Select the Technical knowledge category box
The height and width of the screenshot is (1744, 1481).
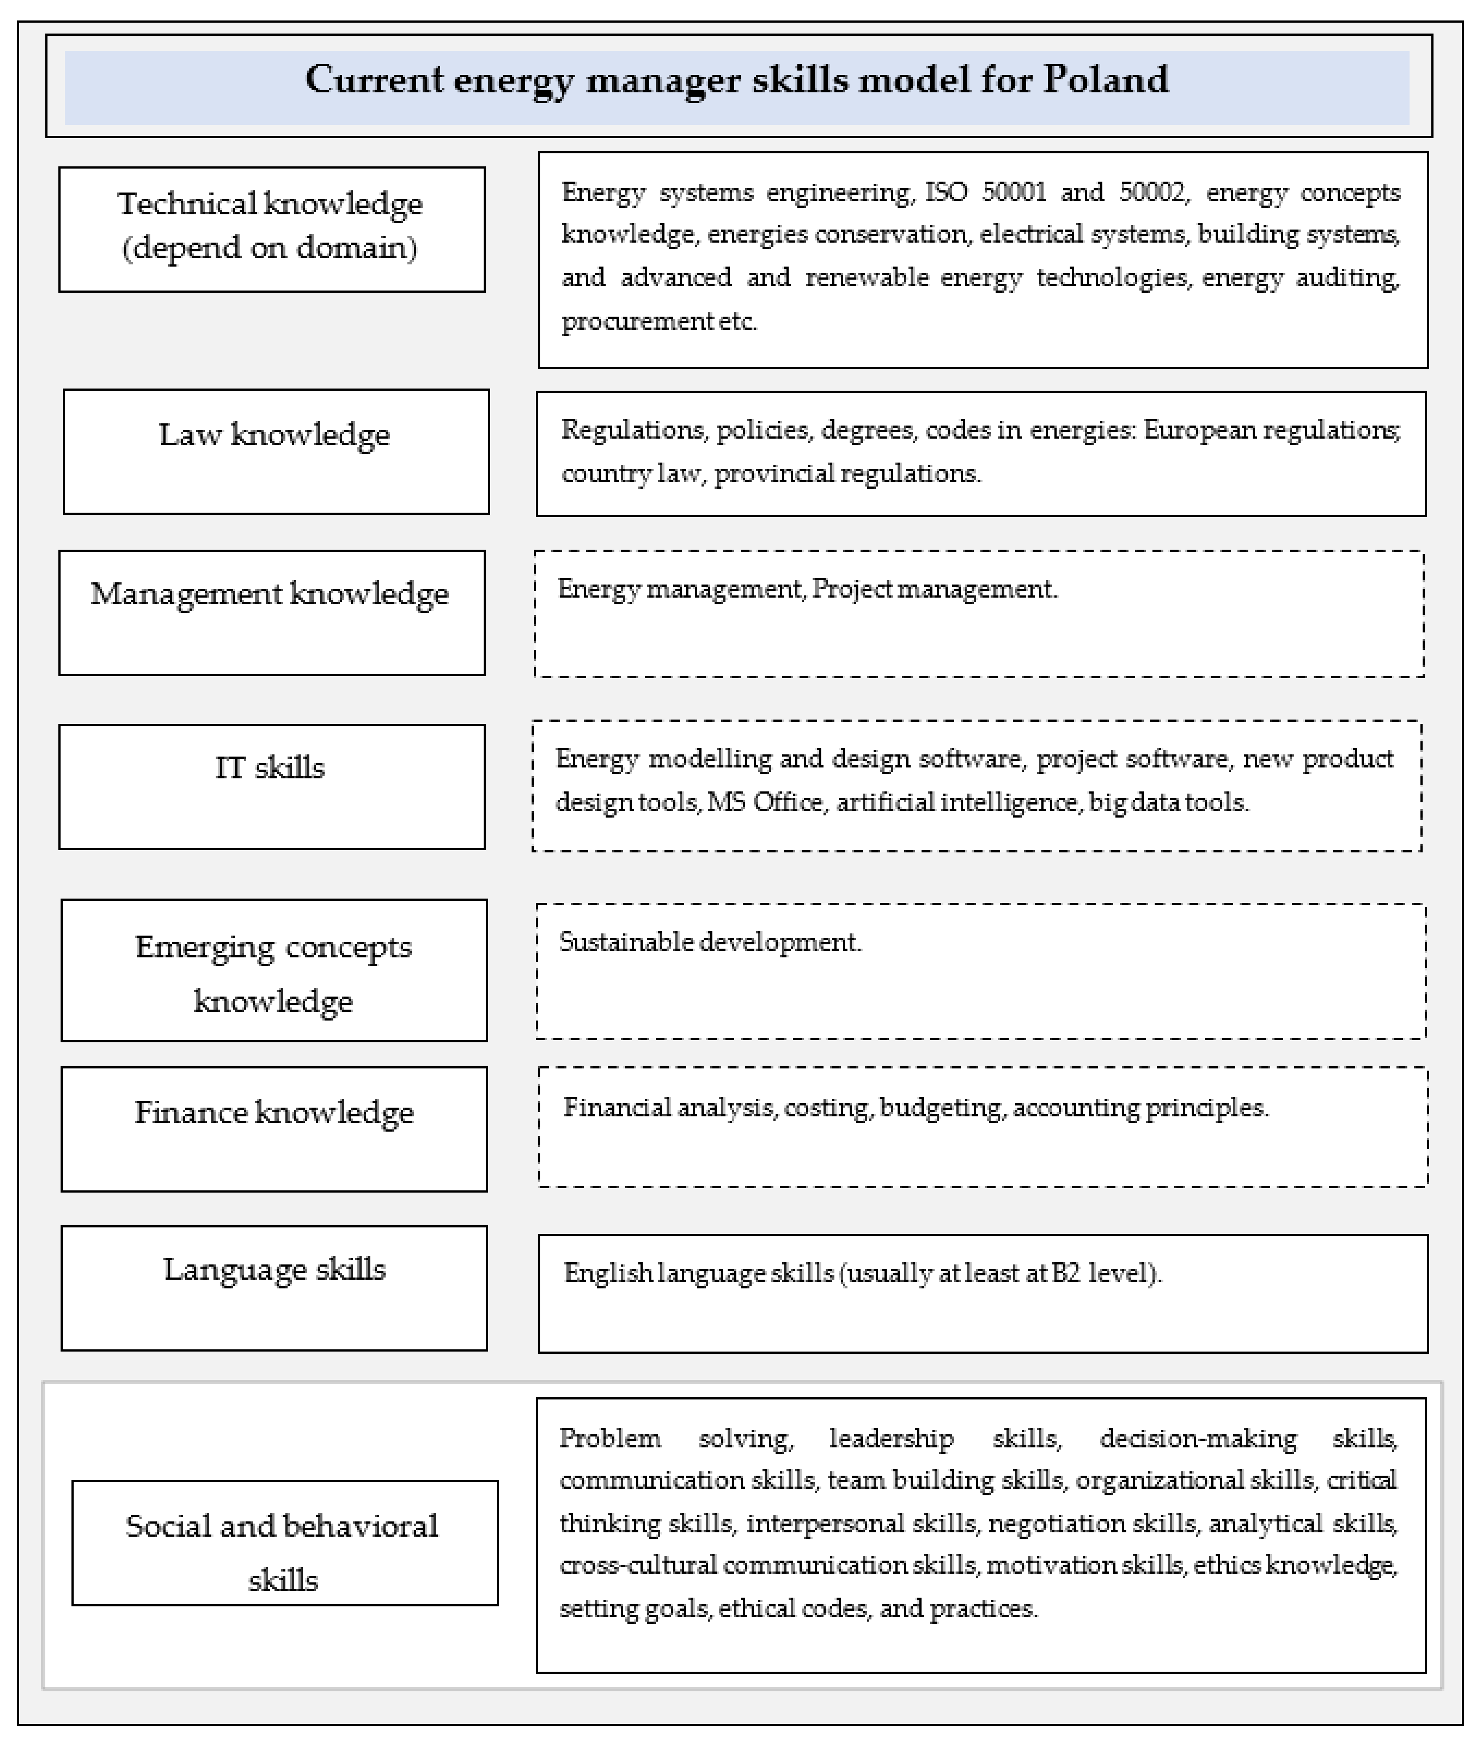point(271,229)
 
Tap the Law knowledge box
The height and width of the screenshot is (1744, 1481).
point(275,452)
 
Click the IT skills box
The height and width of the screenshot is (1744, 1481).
point(271,786)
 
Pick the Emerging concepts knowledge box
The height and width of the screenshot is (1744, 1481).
point(274,970)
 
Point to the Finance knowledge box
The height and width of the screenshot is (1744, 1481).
point(274,1129)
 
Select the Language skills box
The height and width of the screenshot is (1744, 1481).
point(274,1288)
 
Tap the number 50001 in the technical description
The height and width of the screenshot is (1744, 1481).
point(1014,192)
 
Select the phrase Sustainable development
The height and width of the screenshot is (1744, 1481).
point(709,942)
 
